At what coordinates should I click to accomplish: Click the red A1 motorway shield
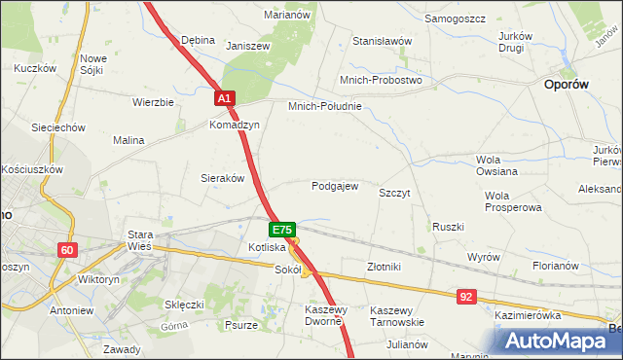point(225,99)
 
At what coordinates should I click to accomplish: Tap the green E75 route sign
point(281,230)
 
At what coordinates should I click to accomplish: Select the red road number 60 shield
point(66,250)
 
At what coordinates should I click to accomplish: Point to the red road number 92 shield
point(467,295)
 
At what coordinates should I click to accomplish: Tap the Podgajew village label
point(335,186)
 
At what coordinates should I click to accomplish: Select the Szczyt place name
point(394,193)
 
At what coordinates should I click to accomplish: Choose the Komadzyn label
point(234,126)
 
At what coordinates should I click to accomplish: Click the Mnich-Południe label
point(324,106)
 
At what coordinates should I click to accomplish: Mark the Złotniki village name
point(384,266)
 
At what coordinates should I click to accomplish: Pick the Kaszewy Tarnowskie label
point(396,315)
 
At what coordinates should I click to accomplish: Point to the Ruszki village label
point(448,227)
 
